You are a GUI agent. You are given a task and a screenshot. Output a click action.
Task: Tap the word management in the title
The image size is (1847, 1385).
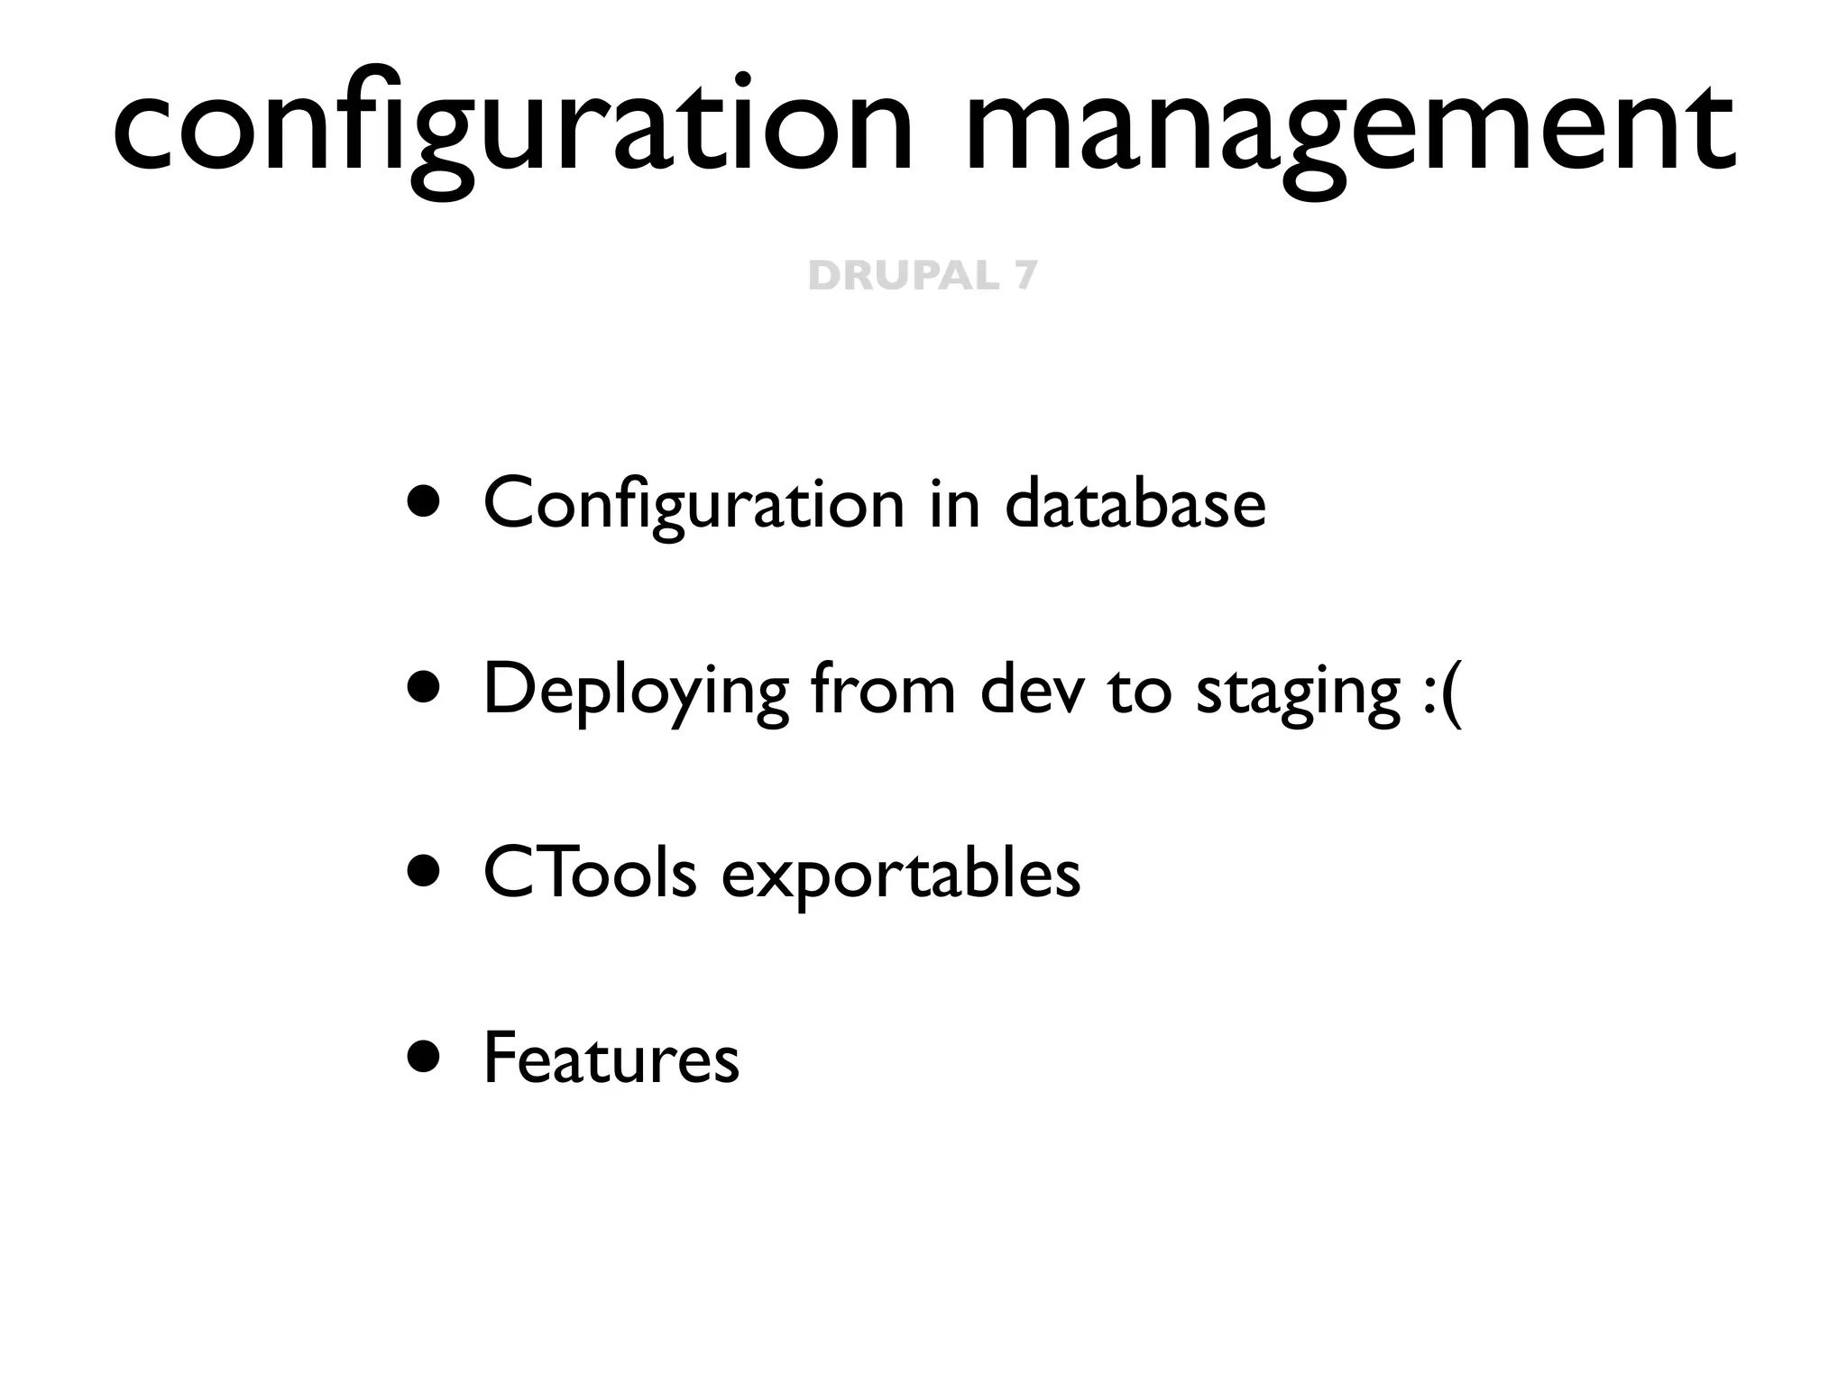1348,126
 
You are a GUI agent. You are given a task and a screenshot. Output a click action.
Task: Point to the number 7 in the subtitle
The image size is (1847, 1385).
1025,275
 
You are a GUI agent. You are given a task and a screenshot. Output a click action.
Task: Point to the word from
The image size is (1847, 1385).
882,690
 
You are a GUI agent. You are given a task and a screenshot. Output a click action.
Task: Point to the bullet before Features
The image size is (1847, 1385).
423,1057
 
